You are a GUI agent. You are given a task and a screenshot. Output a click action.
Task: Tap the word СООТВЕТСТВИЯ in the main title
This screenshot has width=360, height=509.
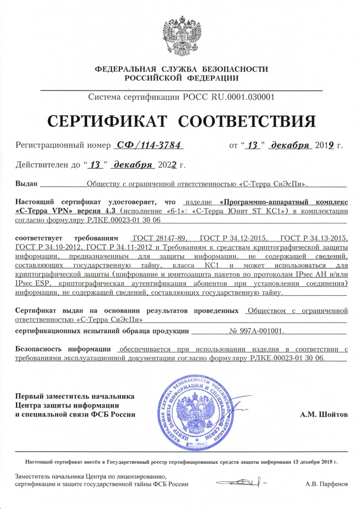[247, 121]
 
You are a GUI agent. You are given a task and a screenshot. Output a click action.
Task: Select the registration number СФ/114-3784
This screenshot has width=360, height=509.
[149, 145]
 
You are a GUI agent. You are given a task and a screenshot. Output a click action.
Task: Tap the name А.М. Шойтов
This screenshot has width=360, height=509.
[324, 414]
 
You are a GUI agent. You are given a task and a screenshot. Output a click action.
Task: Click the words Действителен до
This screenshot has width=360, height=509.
[47, 165]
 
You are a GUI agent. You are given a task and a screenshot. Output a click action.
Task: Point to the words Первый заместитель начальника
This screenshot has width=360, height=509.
[75, 396]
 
